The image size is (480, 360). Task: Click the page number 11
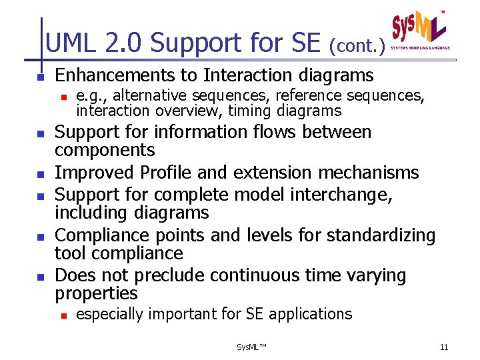click(x=444, y=347)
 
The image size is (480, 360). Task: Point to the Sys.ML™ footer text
click(x=251, y=347)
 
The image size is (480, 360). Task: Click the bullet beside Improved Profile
click(x=40, y=175)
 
